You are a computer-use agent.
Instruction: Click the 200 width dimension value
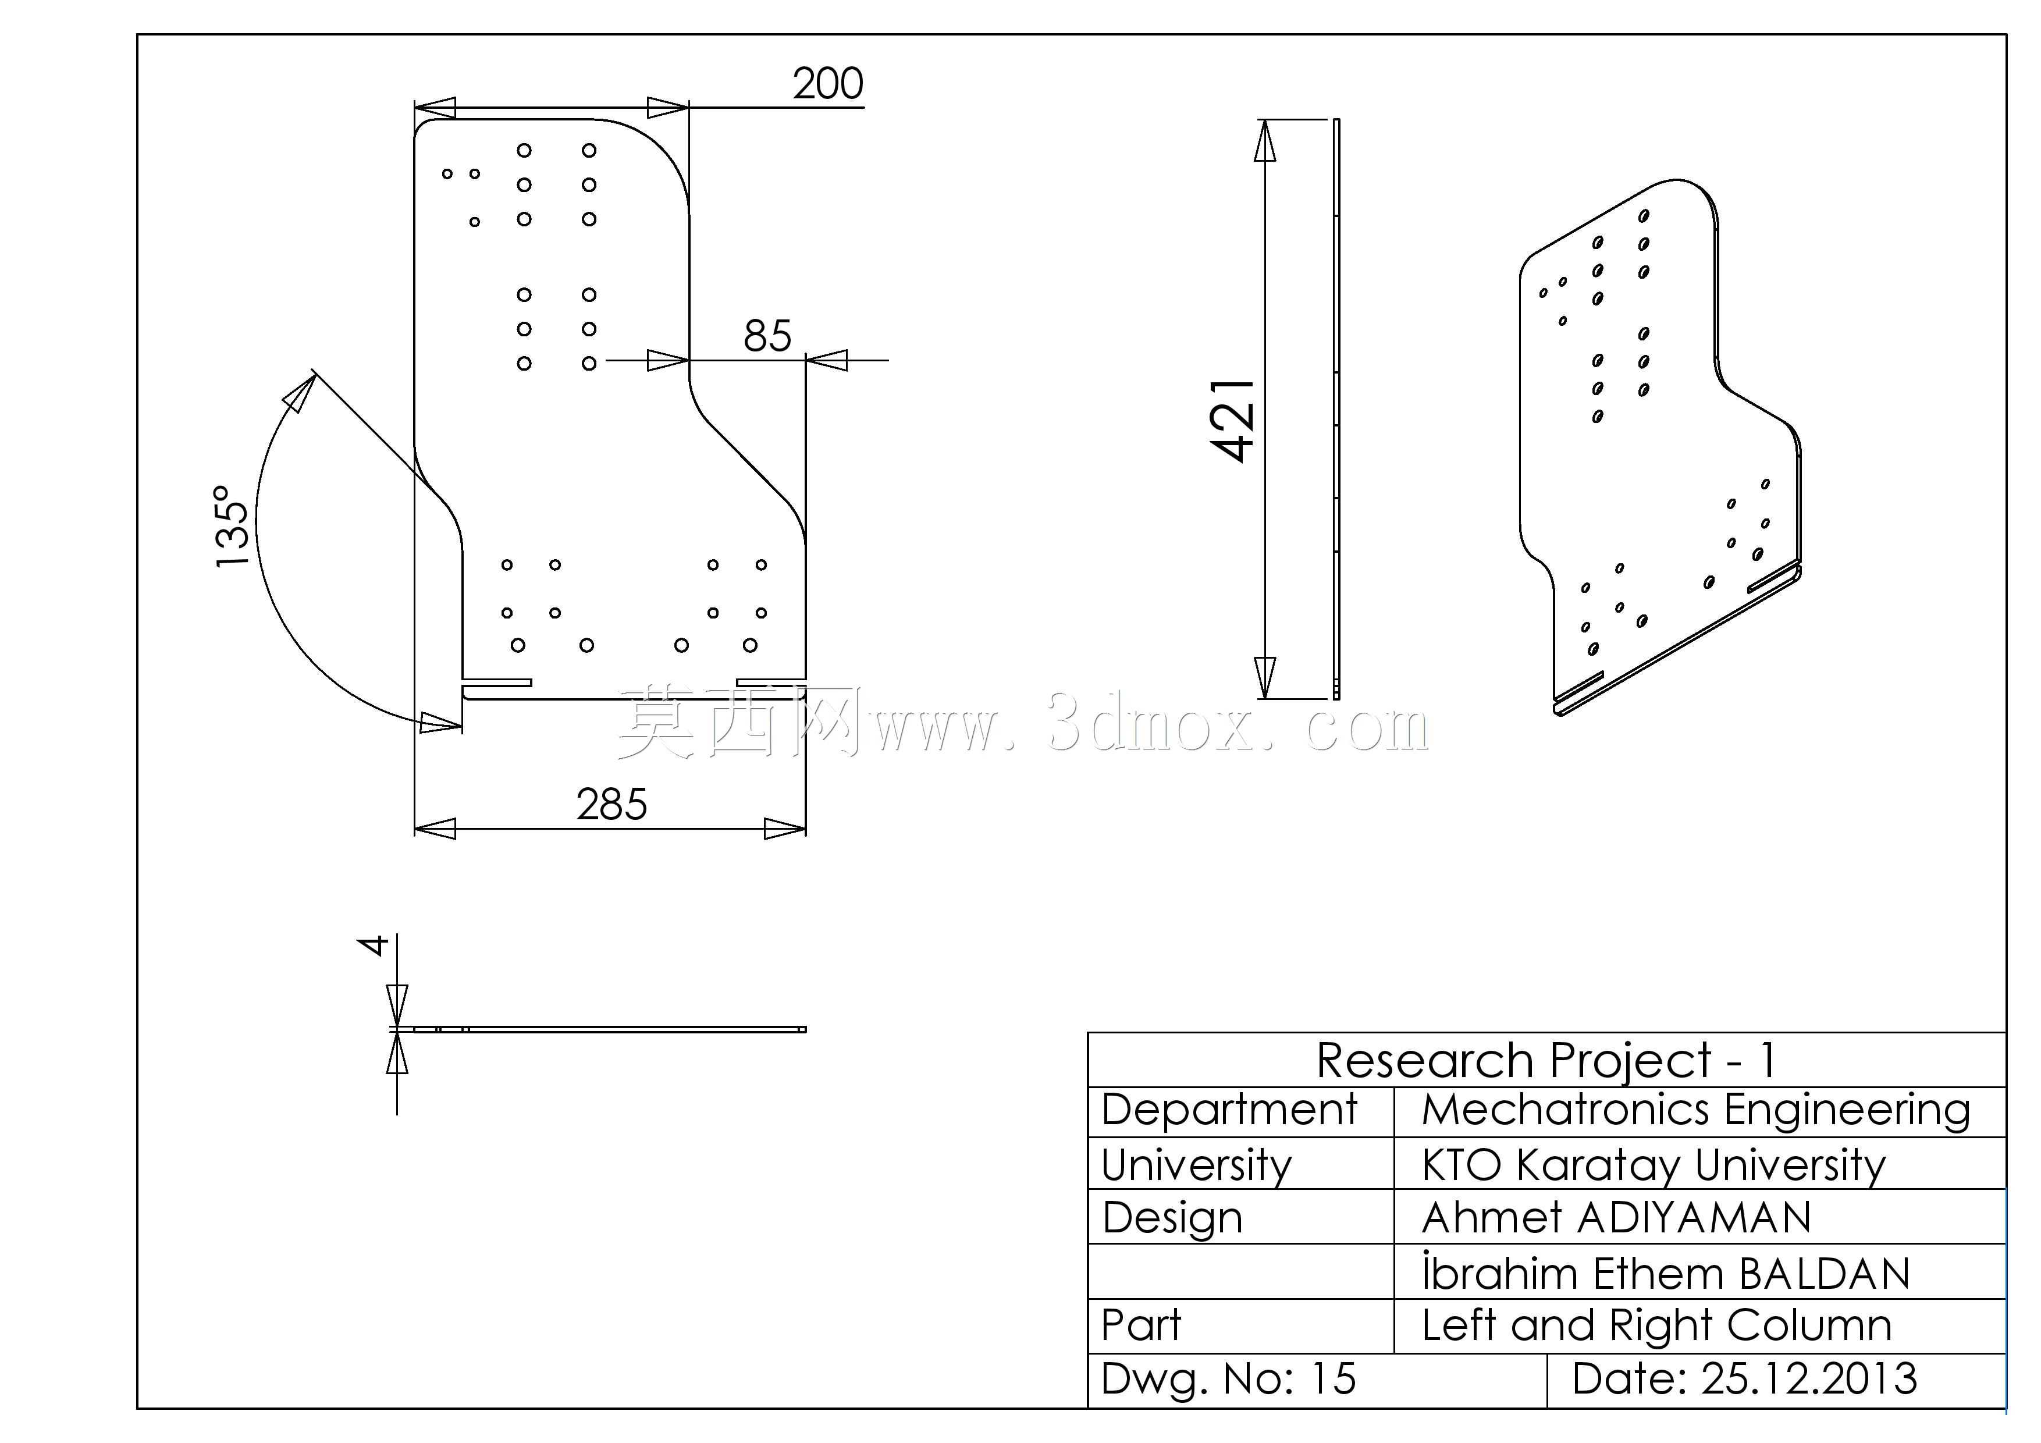click(x=827, y=84)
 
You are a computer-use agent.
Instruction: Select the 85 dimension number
click(x=767, y=336)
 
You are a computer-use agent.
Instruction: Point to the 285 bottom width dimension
click(x=611, y=805)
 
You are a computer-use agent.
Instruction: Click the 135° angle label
click(x=232, y=527)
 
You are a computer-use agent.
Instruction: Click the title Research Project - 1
click(x=1546, y=1060)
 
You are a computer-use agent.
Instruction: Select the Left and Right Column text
click(x=1656, y=1325)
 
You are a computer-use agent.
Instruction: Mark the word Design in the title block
click(x=1172, y=1218)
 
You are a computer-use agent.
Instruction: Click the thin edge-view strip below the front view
click(x=609, y=1029)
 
